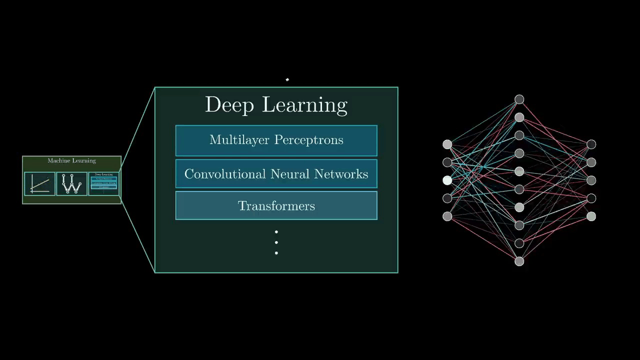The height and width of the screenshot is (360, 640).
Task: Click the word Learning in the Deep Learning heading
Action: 304,105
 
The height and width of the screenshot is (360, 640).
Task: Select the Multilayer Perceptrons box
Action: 276,140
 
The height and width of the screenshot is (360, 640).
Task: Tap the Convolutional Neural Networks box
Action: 276,174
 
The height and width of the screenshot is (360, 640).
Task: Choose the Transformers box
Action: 276,205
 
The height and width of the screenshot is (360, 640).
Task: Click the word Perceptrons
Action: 309,140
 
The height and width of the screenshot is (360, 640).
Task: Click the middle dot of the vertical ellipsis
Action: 276,242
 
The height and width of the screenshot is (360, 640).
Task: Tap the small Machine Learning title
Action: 71,160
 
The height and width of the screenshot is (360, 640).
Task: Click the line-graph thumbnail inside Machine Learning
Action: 39,183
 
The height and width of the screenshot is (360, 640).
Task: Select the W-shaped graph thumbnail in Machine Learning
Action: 71,183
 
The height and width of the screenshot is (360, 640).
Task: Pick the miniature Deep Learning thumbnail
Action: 103,183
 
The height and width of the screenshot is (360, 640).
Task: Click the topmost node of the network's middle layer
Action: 519,99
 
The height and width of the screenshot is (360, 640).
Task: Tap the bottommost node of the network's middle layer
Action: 519,261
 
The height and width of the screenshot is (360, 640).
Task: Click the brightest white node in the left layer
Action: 447,180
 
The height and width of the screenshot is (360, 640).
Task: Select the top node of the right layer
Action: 591,144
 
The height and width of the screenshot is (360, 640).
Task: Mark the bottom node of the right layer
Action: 591,216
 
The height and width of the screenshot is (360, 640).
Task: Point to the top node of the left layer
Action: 447,144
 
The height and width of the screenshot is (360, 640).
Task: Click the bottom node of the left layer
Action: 447,216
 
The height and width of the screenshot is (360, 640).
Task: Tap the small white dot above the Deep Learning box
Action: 287,79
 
